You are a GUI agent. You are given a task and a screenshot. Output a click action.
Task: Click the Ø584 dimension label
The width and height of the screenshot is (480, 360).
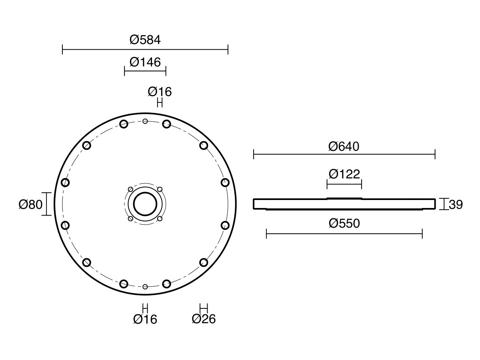[x=145, y=40]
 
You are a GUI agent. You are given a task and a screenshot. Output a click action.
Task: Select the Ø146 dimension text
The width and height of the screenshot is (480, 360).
[x=145, y=62]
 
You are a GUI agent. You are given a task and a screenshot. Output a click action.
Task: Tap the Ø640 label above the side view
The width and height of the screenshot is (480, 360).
[x=344, y=146]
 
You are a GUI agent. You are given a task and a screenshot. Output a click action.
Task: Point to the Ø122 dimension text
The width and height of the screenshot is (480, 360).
[x=344, y=174]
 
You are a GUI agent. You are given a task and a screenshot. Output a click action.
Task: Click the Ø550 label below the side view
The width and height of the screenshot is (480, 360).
[x=344, y=223]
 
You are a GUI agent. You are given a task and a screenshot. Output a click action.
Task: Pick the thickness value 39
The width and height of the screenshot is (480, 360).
[x=456, y=204]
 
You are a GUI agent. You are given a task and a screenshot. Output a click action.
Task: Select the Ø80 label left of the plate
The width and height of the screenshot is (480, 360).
[x=30, y=204]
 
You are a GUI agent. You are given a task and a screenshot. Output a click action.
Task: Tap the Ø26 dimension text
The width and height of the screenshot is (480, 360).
[x=204, y=319]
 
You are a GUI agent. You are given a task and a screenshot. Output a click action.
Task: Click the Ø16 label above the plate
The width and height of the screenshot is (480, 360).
[x=160, y=92]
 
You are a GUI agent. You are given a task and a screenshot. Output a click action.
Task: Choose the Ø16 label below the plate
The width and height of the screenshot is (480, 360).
[x=145, y=319]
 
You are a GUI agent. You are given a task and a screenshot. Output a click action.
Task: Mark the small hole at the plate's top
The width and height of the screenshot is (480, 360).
[x=145, y=121]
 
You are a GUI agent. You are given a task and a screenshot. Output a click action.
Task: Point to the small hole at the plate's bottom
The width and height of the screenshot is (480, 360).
[x=145, y=287]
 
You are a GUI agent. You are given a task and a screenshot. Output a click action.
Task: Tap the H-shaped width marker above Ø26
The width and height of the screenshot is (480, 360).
[x=204, y=308]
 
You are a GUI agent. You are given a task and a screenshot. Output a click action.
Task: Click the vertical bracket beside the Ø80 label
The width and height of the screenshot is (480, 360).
[x=48, y=204]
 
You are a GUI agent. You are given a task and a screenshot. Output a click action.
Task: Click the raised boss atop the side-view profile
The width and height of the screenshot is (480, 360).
[x=344, y=198]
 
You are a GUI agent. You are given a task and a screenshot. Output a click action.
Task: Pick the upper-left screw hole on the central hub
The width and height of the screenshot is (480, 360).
[x=130, y=189]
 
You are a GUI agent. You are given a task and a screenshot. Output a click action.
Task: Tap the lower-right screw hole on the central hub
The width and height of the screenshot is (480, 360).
[x=160, y=218]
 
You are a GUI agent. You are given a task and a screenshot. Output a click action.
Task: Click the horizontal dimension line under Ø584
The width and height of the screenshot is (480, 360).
[x=145, y=50]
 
